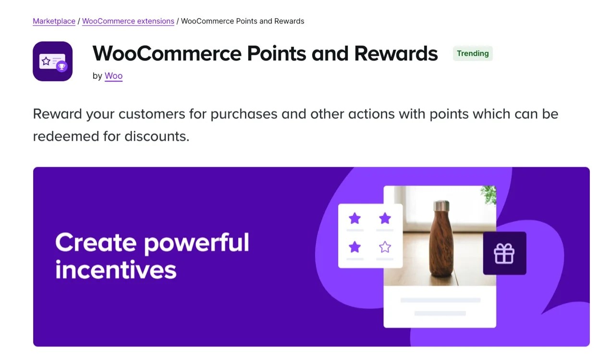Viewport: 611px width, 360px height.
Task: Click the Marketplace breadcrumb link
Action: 54,21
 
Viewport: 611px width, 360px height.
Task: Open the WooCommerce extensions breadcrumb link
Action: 128,21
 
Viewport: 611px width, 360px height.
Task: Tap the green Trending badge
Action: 473,53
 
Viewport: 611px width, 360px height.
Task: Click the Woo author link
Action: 113,76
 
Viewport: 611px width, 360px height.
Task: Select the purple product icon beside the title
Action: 52,61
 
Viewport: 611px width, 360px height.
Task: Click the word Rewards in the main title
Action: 396,53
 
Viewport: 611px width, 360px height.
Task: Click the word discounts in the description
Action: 157,136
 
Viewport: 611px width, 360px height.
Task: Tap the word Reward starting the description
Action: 57,114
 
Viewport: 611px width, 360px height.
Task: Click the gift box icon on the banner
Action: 504,253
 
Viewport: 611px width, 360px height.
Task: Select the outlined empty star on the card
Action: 385,247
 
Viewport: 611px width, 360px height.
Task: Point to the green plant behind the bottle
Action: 489,194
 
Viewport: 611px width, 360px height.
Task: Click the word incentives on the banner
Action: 116,270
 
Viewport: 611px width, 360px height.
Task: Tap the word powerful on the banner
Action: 196,243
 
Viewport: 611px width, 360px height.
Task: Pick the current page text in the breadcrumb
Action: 243,21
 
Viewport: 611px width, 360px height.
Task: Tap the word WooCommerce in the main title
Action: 168,53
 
